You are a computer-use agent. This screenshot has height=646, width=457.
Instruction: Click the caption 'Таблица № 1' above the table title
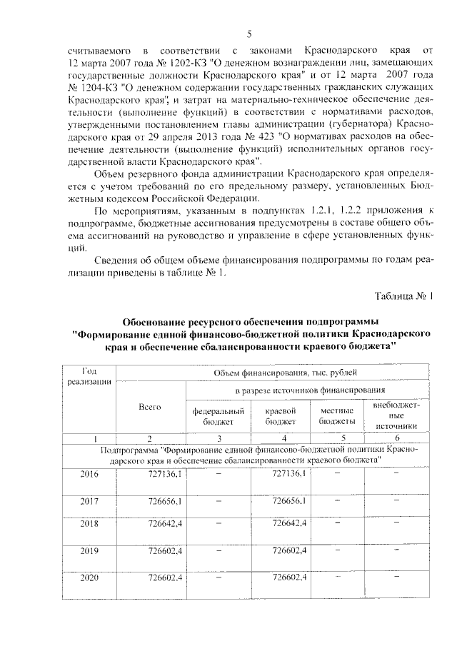403,296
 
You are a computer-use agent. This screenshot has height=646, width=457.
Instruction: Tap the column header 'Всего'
150,406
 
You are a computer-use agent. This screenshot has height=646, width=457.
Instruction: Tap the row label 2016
90,474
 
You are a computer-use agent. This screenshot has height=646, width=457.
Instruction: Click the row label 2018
90,525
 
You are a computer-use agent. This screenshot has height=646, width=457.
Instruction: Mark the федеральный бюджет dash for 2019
219,551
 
